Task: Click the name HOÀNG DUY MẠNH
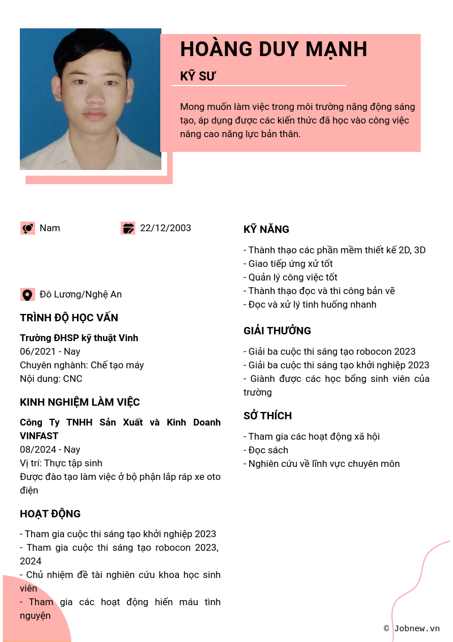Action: [273, 50]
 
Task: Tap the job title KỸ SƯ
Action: [198, 76]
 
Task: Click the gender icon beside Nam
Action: [27, 228]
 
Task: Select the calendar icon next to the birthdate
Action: [128, 228]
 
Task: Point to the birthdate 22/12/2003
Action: [165, 228]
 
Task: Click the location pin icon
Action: [27, 295]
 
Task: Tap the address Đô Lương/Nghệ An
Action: [80, 295]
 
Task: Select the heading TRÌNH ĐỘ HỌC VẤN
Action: [69, 318]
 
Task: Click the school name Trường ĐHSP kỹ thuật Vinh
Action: [79, 338]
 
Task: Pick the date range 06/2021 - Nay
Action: [50, 352]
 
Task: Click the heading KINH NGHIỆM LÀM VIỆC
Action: [80, 402]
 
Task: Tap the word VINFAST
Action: [39, 436]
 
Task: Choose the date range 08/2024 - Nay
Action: [50, 450]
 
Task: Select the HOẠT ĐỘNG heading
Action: [50, 514]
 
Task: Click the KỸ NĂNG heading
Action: [266, 229]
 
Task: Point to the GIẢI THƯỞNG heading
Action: [277, 331]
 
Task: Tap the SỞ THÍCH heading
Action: [268, 416]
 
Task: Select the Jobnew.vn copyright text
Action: [412, 628]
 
